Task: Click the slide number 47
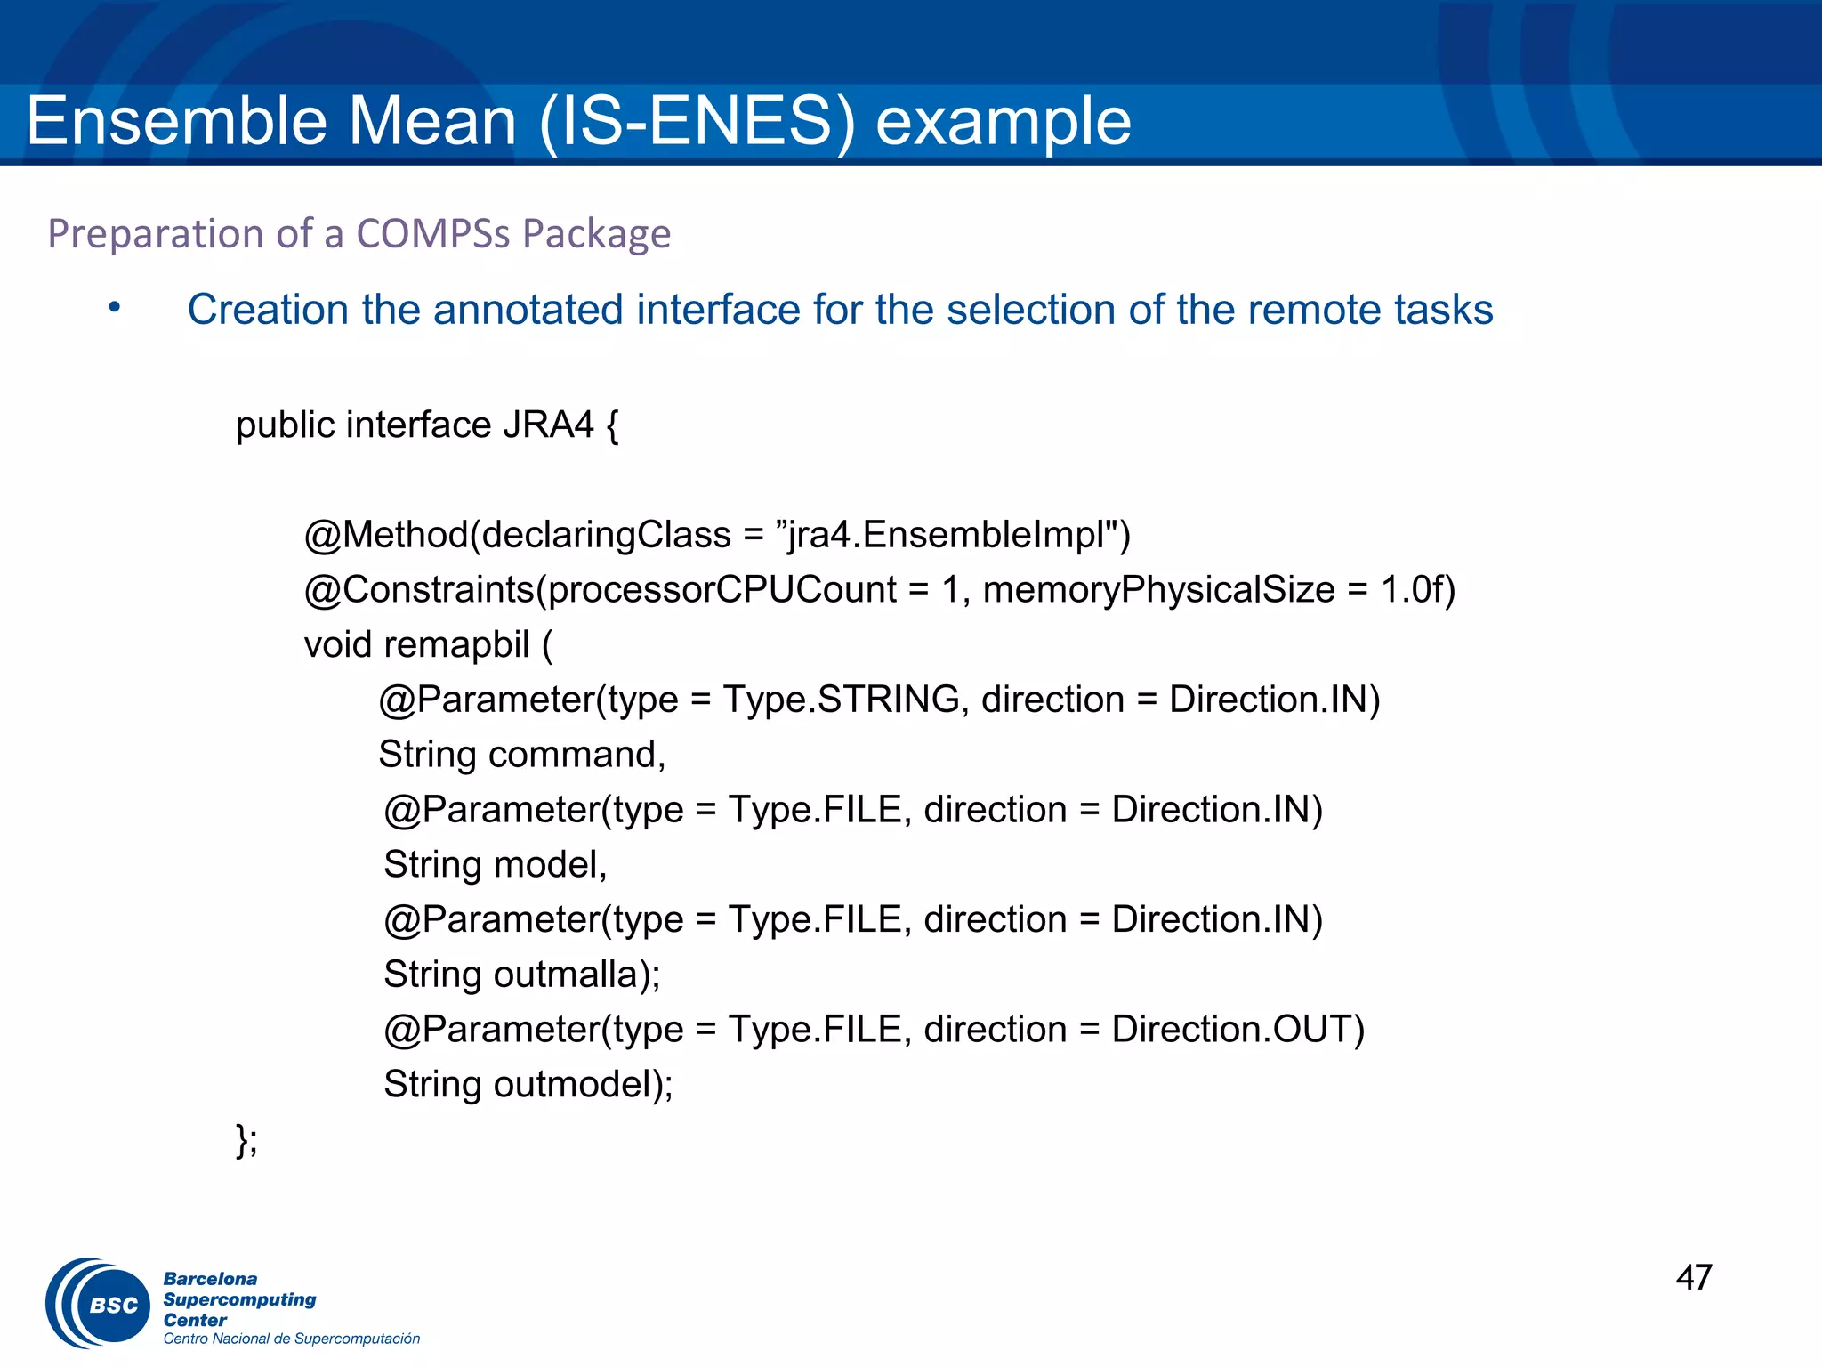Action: [1693, 1277]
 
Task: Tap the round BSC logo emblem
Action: [100, 1304]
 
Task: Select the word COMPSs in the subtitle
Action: [432, 234]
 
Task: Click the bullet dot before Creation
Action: [114, 308]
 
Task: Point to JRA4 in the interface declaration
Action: [548, 425]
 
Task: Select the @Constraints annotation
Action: [418, 590]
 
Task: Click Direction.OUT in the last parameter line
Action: [1237, 1030]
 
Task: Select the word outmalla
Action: [566, 975]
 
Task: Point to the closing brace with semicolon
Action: [246, 1139]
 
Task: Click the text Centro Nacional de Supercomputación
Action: [291, 1339]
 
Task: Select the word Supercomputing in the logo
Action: [239, 1299]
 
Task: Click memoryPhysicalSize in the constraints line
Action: [1158, 590]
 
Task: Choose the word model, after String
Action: [550, 865]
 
